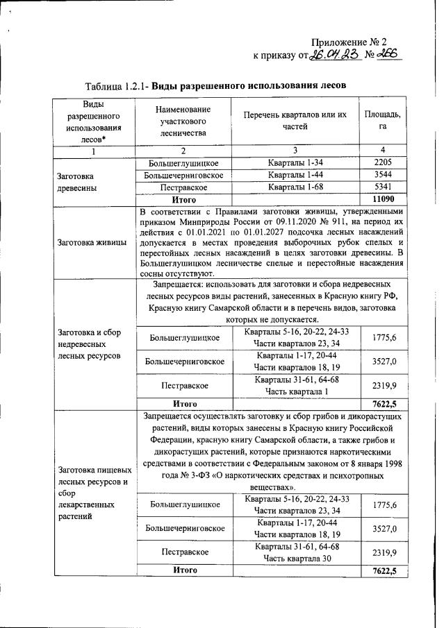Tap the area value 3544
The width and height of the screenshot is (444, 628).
pos(382,175)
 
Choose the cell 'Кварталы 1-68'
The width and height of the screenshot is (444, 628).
pos(295,187)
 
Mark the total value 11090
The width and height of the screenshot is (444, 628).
pos(382,199)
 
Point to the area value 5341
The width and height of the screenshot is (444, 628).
pos(382,187)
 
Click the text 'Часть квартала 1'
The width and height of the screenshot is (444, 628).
pos(295,391)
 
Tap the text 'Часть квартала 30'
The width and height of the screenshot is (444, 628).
pos(295,558)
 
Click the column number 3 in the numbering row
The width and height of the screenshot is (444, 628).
pos(295,151)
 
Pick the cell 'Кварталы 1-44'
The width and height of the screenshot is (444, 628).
pos(295,175)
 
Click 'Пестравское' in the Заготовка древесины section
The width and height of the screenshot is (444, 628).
pos(183,187)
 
